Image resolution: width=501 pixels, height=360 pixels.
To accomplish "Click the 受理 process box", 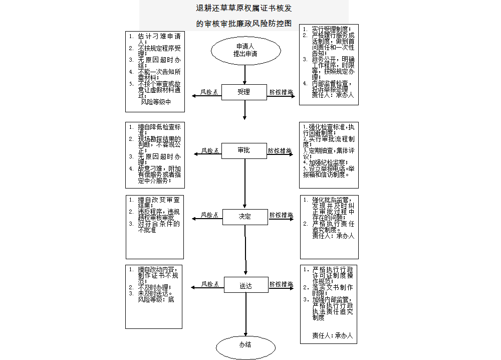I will point(244,92).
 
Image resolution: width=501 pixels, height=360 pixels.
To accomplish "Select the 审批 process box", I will point(244,150).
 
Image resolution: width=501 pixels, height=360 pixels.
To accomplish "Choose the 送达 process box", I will point(245,285).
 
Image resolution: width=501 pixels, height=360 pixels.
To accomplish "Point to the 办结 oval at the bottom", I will point(245,345).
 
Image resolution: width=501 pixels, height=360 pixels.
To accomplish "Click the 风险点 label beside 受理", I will point(209,92).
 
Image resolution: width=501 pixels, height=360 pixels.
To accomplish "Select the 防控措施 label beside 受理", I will point(281,92).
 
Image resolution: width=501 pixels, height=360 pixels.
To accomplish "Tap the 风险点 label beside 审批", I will point(210,150).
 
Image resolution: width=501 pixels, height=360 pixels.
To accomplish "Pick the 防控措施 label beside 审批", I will point(280,150).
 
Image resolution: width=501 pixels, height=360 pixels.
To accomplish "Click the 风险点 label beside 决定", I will point(210,215).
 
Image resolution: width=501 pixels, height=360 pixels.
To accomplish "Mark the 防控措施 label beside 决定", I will point(281,215).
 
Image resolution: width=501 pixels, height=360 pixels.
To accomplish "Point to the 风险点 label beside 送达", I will point(210,284).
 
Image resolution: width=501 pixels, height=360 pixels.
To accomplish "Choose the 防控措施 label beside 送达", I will point(281,284).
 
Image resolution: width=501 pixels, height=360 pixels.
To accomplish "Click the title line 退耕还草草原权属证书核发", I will point(244,9).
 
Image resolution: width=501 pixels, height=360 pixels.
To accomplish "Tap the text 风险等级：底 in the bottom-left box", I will point(156,299).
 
